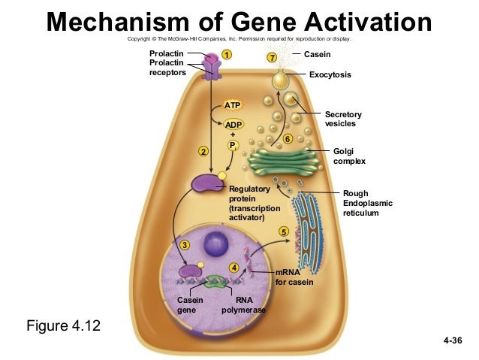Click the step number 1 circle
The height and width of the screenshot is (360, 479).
[226, 54]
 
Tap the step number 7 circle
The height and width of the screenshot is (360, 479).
[272, 58]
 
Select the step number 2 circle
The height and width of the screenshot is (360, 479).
[203, 153]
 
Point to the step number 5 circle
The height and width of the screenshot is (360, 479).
[283, 231]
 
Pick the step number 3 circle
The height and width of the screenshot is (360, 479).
[185, 246]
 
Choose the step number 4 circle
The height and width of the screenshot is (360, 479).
[234, 268]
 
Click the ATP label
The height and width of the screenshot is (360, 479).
[233, 104]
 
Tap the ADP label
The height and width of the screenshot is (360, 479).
[233, 123]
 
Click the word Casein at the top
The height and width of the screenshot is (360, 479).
[318, 54]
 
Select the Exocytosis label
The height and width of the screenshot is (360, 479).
[330, 75]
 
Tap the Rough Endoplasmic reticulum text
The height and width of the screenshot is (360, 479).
[367, 203]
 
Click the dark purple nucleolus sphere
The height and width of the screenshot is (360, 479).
[217, 244]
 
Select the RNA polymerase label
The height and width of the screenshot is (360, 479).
[244, 304]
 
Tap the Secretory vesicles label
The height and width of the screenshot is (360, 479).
[343, 119]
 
